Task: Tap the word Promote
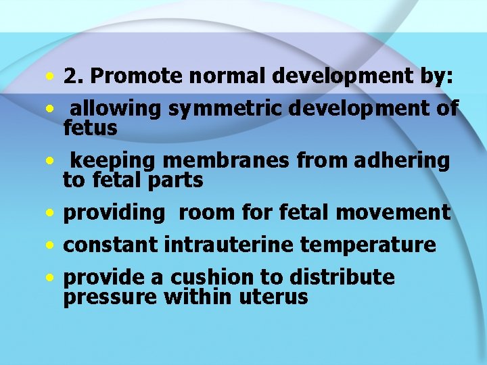[136, 77]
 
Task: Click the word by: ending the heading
[440, 77]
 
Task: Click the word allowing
[116, 108]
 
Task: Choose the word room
[205, 213]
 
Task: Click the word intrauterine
[227, 244]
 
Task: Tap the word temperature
[368, 244]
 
